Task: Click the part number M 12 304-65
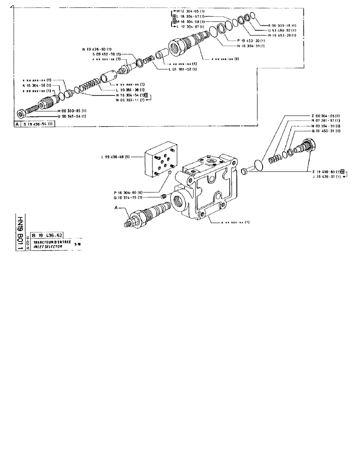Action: pyautogui.click(x=189, y=11)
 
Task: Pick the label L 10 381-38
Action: pyautogui.click(x=130, y=89)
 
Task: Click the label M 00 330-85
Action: pyautogui.click(x=72, y=110)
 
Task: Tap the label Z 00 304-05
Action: pyautogui.click(x=325, y=116)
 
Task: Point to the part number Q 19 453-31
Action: pyautogui.click(x=325, y=131)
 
